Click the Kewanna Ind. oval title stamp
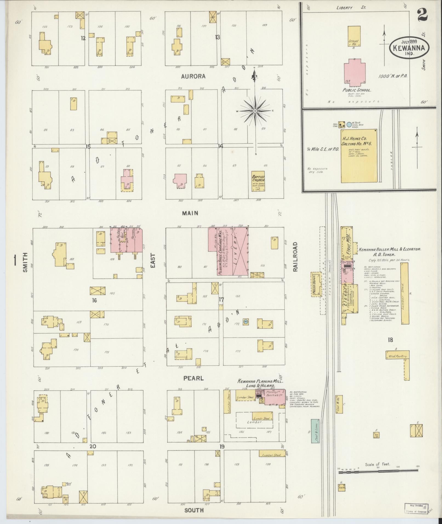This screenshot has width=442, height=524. [409, 47]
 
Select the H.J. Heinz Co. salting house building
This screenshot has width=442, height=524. [359, 156]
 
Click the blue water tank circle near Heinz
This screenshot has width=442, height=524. [349, 124]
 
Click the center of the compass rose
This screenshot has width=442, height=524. [255, 111]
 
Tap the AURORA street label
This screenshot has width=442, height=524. [193, 76]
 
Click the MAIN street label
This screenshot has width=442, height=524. [190, 213]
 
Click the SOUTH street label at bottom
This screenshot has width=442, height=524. [194, 510]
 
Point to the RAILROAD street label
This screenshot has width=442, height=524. [295, 257]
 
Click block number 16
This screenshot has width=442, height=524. [95, 300]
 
